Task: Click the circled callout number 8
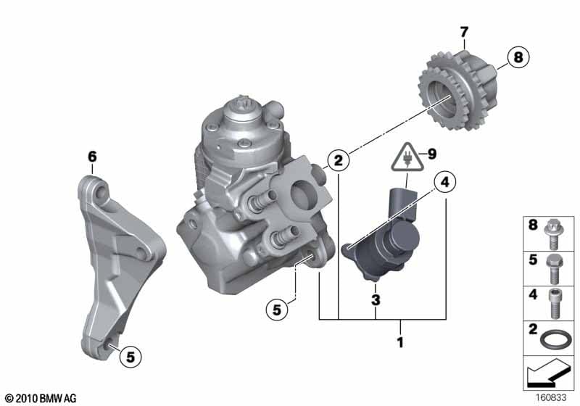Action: (x=518, y=57)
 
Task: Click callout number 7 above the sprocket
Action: (x=464, y=32)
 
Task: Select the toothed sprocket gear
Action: (x=458, y=91)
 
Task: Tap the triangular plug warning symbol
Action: (x=407, y=159)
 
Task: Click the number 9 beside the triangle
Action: (x=432, y=154)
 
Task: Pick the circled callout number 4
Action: (x=445, y=182)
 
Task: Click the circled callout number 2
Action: (x=338, y=161)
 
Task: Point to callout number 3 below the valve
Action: (x=376, y=299)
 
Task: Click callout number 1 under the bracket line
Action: (x=400, y=342)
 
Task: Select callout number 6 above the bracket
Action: (x=92, y=157)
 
